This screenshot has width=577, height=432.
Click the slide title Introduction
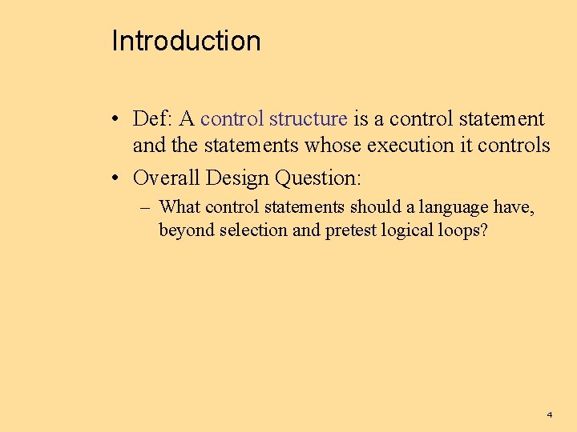click(x=186, y=41)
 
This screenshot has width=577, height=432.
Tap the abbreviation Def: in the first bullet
click(x=153, y=119)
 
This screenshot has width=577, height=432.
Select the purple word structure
click(x=309, y=119)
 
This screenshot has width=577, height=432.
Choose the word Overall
click(x=166, y=177)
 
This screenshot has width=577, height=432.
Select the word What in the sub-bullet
click(x=180, y=207)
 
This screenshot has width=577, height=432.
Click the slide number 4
click(x=549, y=415)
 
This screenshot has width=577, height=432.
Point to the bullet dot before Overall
click(x=117, y=178)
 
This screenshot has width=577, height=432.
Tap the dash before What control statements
click(x=145, y=208)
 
